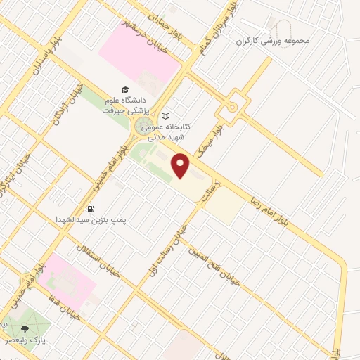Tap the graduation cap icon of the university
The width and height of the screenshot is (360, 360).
tap(125, 90)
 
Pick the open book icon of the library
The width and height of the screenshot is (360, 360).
tap(166, 115)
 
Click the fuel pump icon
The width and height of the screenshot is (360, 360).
tap(91, 209)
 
